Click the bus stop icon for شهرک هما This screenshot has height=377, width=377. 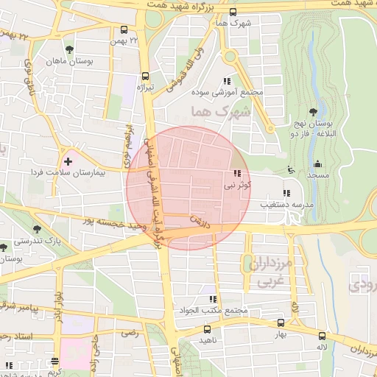[x=233, y=12]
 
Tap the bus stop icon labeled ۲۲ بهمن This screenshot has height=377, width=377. [x=123, y=31]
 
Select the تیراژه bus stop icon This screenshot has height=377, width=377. [x=145, y=75]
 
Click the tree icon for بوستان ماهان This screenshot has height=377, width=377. [x=69, y=49]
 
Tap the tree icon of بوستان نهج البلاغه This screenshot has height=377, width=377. [x=314, y=113]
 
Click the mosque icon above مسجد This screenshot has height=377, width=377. [x=318, y=163]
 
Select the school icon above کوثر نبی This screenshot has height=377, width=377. [x=236, y=174]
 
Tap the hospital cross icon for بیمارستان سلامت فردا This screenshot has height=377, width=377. [x=68, y=160]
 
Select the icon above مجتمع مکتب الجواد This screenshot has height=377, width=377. [x=213, y=299]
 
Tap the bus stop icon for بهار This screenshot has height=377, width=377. [x=281, y=323]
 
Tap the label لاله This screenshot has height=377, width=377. [x=321, y=345]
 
